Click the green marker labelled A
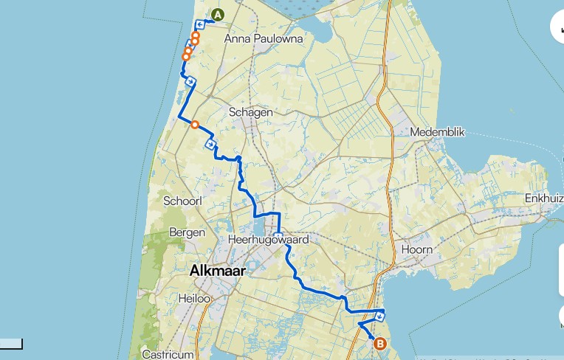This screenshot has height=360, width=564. click(218, 15)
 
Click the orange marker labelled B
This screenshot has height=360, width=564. click(380, 343)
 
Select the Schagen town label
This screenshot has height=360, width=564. click(251, 112)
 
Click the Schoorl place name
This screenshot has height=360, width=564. click(182, 201)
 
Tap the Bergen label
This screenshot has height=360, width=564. click(187, 232)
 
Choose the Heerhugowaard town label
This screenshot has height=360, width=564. click(268, 240)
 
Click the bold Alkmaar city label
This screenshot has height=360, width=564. click(217, 271)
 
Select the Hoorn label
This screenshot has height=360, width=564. click(416, 249)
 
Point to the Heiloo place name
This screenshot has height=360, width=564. click(195, 299)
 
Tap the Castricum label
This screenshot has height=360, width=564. click(168, 354)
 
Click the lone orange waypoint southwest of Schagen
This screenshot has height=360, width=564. click(195, 125)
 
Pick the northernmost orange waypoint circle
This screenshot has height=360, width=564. click(196, 35)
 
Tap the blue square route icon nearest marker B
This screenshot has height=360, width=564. click(379, 316)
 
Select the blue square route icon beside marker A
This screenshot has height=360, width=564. click(200, 24)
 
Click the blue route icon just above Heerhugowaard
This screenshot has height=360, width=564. click(278, 237)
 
